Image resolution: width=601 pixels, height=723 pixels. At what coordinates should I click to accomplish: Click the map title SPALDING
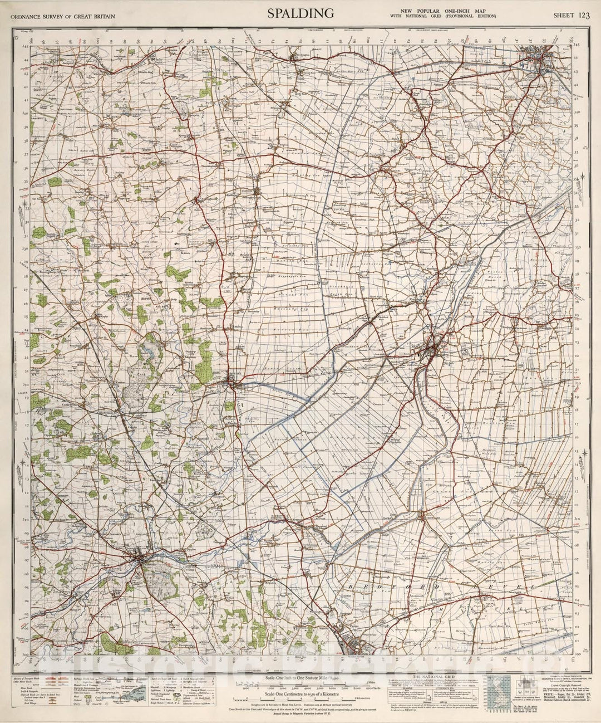[x=300, y=13]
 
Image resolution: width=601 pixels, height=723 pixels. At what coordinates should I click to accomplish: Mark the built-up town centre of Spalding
[x=435, y=350]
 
